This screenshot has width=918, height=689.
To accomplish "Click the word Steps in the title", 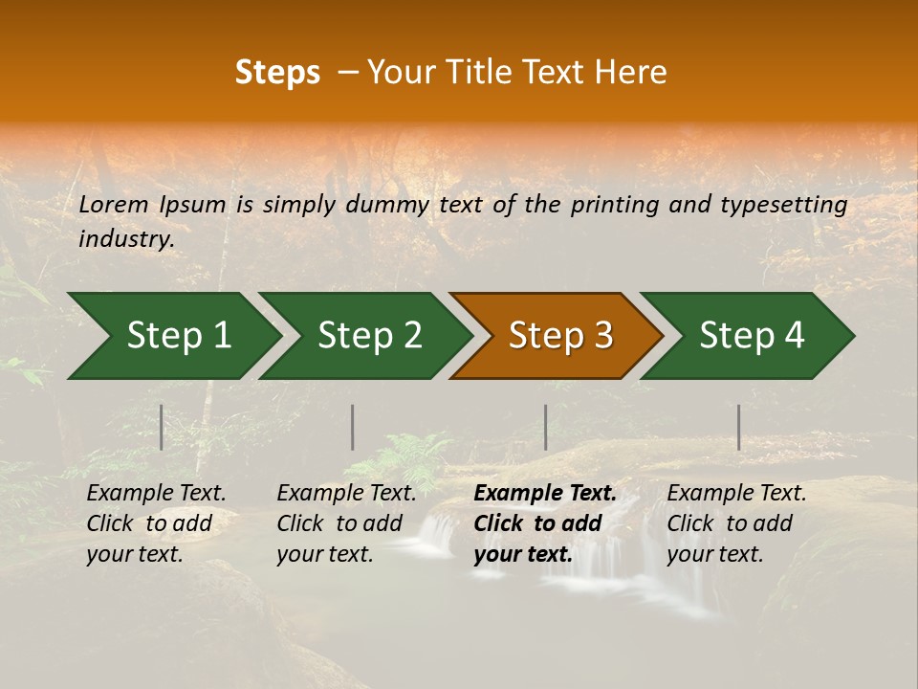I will [277, 73].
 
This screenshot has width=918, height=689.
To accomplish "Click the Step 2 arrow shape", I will [367, 336].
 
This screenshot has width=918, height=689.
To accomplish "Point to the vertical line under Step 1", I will [162, 427].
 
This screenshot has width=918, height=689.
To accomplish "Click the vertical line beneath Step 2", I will [353, 427].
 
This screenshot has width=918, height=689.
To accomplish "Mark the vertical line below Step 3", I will [546, 427].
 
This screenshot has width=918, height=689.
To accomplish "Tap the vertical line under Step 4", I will [739, 427].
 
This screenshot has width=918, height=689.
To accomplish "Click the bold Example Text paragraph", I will [544, 523].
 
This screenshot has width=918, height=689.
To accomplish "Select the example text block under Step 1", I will [156, 523].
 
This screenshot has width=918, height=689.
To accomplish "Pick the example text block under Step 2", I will [346, 523].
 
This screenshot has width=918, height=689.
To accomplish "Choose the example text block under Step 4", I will [736, 523].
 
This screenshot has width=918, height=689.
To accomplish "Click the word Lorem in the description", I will [114, 205].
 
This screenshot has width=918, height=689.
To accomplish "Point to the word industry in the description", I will [125, 239].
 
